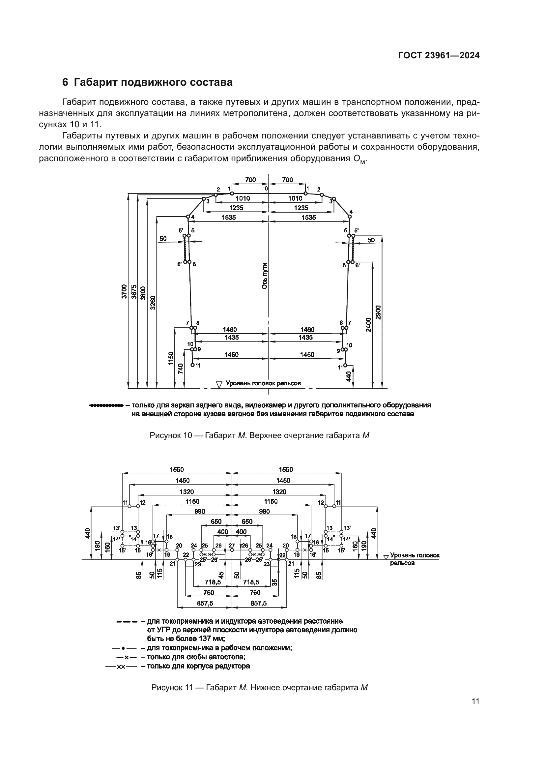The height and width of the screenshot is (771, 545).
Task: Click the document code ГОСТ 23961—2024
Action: tap(439, 55)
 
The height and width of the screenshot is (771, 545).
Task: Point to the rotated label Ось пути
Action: tap(265, 276)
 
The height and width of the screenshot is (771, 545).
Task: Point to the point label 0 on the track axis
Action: tap(266, 189)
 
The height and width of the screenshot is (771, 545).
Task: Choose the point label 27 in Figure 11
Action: tap(231, 546)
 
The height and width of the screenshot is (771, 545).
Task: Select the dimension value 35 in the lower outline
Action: tap(274, 582)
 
